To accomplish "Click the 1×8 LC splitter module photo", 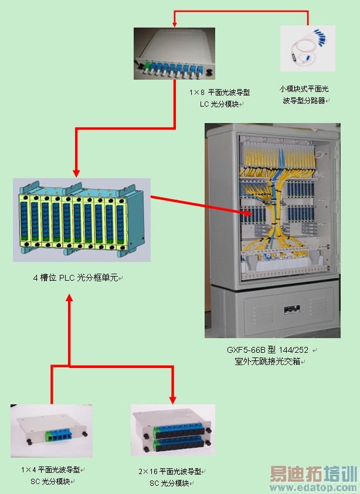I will click(x=175, y=54).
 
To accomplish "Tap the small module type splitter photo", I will click(x=307, y=47).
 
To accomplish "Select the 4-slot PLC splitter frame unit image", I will click(x=81, y=219).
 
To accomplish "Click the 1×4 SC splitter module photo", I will click(x=51, y=431).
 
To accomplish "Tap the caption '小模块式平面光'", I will click(x=304, y=88).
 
